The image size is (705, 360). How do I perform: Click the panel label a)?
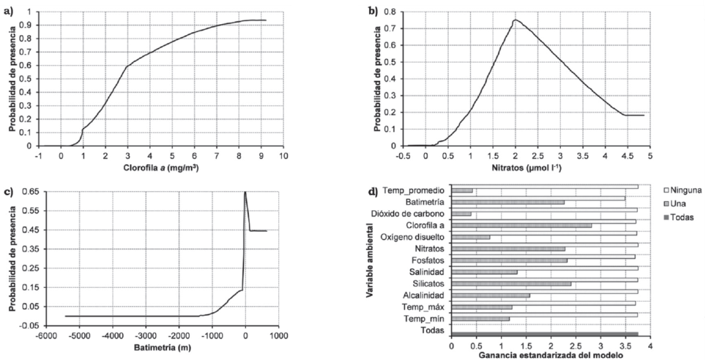(13, 9)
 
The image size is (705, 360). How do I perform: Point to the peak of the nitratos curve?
(515, 20)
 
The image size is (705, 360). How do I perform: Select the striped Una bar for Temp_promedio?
(462, 190)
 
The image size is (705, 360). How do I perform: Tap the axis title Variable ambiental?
(370, 262)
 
